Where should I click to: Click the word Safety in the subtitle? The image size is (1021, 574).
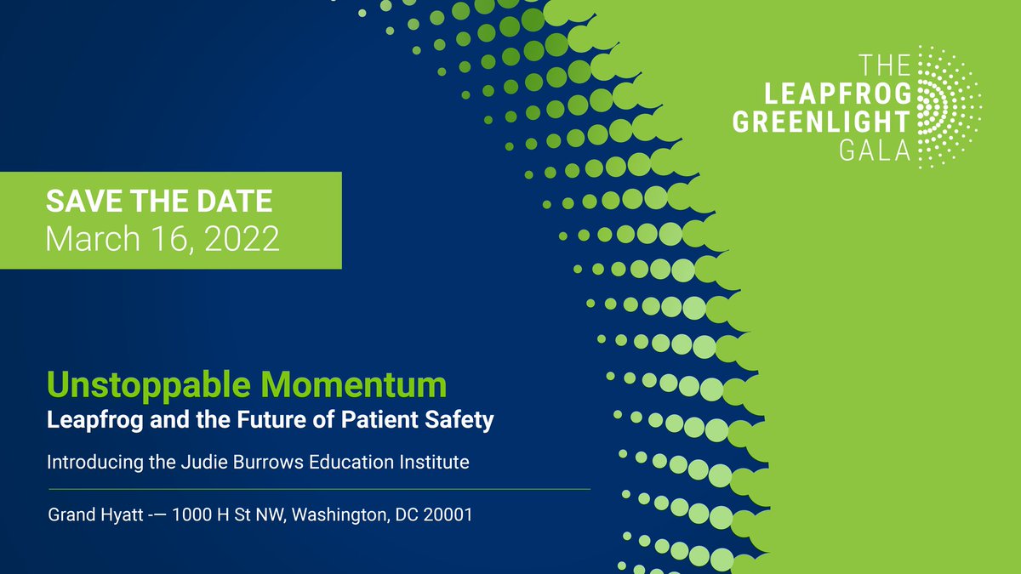tap(463, 420)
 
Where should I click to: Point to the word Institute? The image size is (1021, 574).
tap(435, 463)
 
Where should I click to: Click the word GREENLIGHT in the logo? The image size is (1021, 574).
tap(822, 121)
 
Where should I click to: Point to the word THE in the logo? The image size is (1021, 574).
tap(885, 64)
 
